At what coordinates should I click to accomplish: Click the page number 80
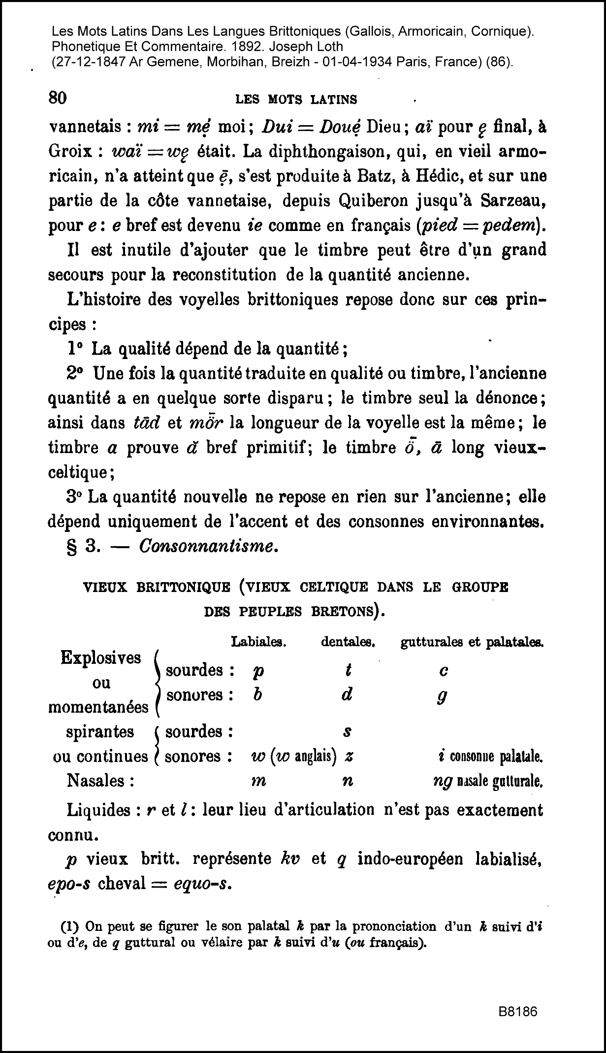(58, 98)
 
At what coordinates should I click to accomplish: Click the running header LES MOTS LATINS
(296, 99)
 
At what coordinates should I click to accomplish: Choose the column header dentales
(349, 642)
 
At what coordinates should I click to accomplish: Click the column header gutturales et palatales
(472, 642)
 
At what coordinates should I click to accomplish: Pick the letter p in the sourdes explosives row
(257, 672)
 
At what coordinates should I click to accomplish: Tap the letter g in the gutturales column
(442, 696)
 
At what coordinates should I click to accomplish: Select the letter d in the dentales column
(347, 694)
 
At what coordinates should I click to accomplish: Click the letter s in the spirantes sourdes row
(347, 732)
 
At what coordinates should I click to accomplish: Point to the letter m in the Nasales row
(258, 782)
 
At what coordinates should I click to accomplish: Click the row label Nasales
(100, 781)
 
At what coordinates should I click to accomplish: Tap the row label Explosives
(100, 658)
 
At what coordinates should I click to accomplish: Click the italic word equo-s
(203, 884)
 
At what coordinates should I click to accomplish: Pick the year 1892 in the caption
(234, 47)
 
